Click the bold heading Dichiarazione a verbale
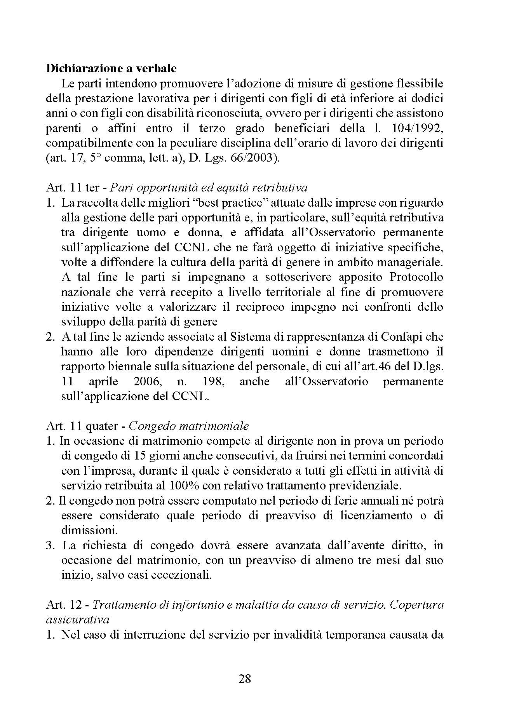[x=111, y=69]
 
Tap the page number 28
[x=245, y=679]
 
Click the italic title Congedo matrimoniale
[x=188, y=426]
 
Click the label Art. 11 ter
[x=73, y=188]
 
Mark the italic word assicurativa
[x=77, y=619]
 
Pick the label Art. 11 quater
[x=81, y=426]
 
